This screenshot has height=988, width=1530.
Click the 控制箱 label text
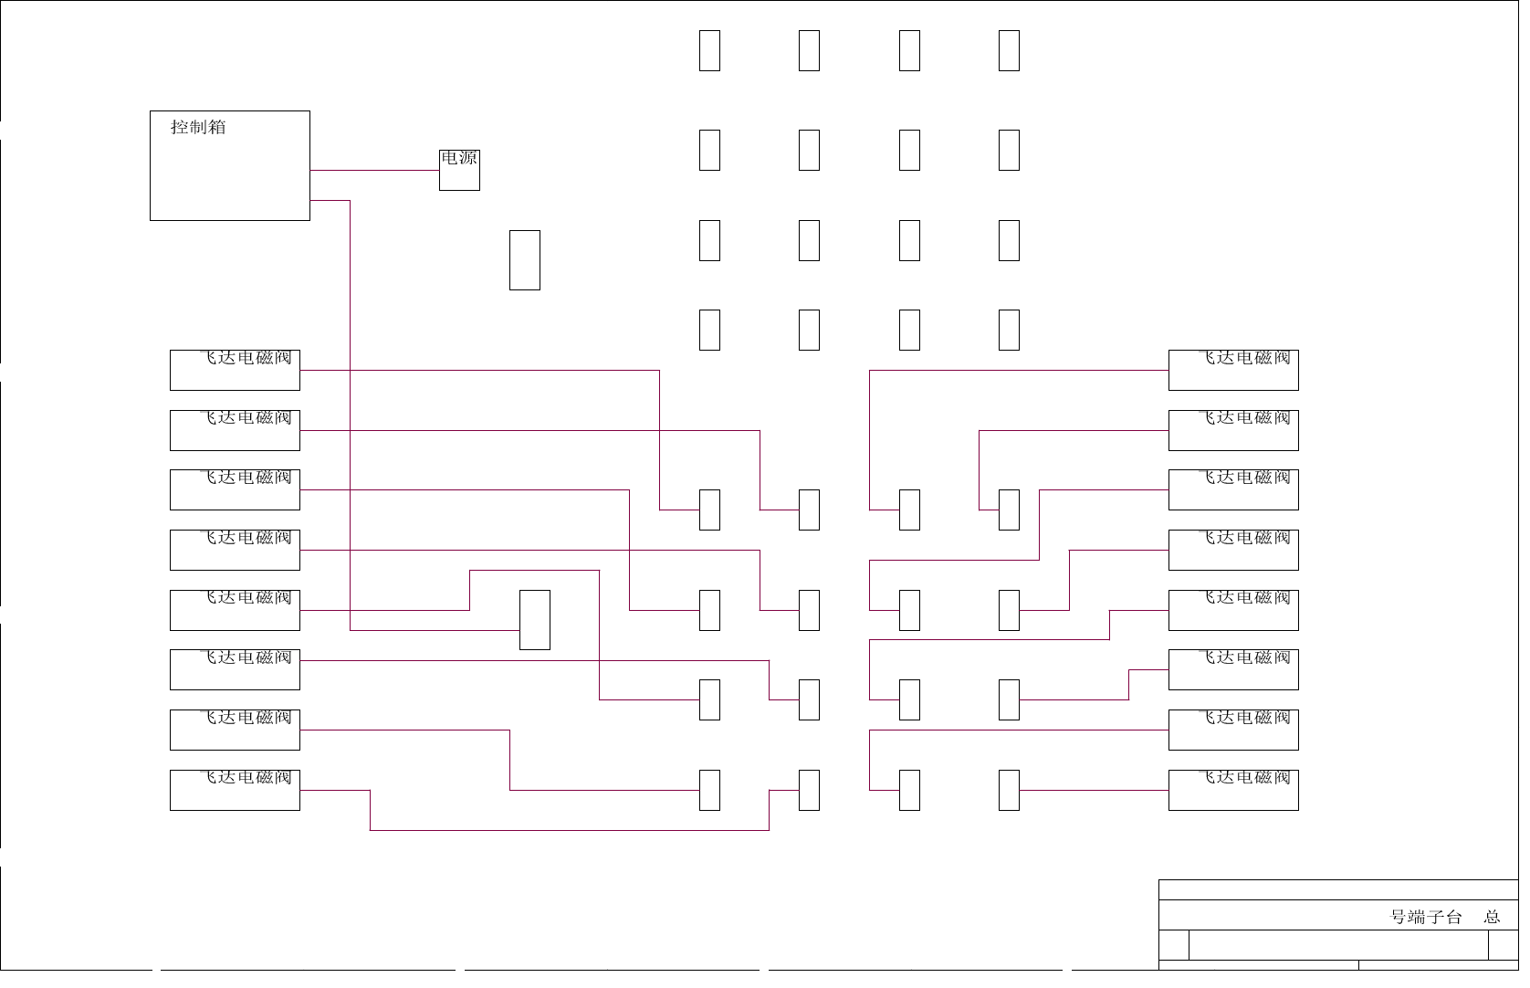[198, 127]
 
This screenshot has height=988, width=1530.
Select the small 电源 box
[459, 170]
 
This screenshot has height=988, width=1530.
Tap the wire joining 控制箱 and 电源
[374, 170]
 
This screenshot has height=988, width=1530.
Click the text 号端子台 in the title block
[1426, 917]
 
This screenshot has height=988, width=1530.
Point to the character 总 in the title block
[1493, 917]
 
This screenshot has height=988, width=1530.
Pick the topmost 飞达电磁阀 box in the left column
[235, 370]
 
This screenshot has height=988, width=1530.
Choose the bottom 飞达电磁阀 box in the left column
[235, 790]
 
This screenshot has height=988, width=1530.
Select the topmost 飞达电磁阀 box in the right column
[1233, 370]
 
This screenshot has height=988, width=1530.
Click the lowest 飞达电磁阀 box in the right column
[1233, 790]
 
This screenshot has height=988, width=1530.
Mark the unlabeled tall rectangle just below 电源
[525, 260]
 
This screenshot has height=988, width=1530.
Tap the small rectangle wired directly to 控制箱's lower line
[535, 620]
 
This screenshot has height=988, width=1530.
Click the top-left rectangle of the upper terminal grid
[709, 50]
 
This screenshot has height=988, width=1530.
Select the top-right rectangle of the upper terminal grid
[1009, 50]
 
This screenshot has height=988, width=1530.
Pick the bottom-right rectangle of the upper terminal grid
[1009, 330]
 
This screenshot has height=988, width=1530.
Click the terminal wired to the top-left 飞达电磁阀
[709, 510]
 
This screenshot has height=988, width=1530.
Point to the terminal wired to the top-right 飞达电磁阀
[909, 510]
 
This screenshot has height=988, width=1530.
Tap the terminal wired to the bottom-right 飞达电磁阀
[1009, 790]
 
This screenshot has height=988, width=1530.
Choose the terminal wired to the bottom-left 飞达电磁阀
[809, 790]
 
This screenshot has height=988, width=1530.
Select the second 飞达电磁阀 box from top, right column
[1233, 430]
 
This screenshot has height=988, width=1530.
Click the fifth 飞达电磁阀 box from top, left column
[235, 610]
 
